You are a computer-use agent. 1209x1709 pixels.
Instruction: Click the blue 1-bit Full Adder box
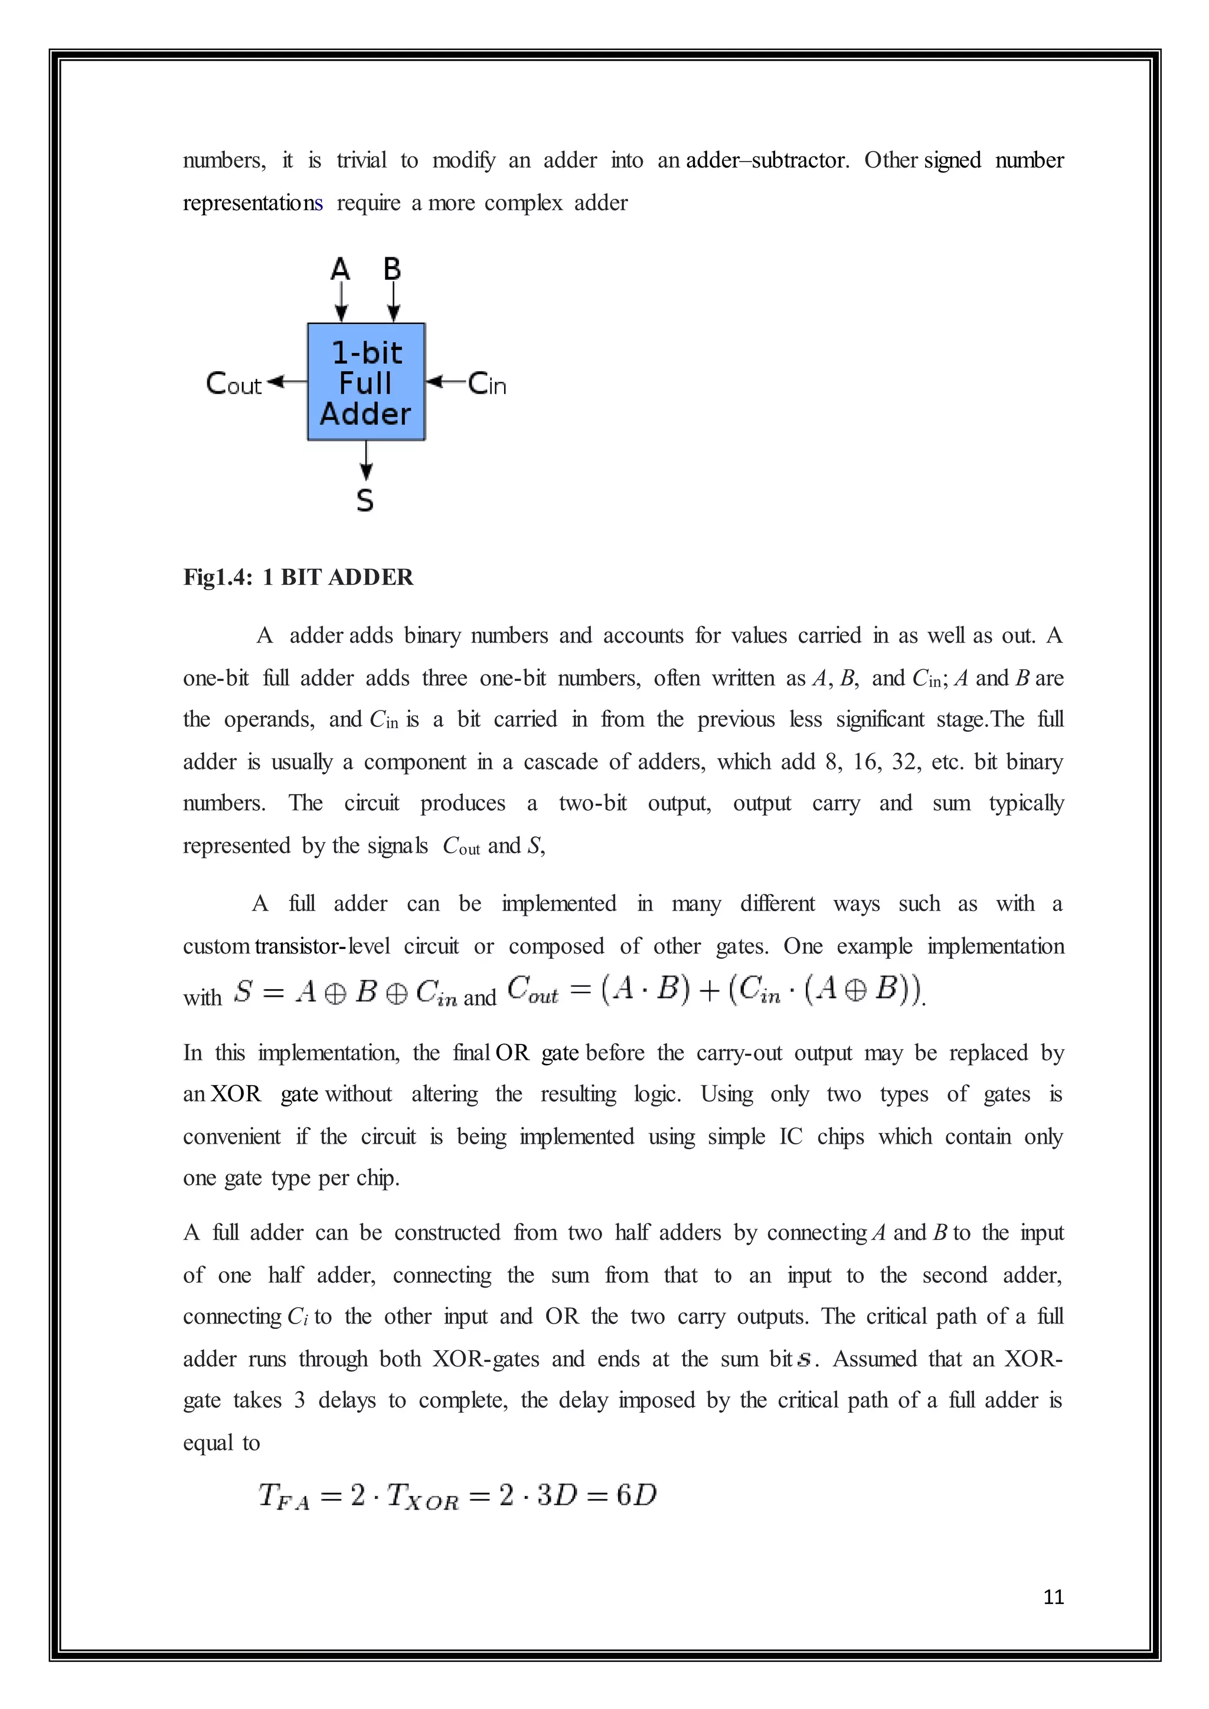(x=365, y=382)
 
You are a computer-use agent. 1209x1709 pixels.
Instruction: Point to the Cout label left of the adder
(x=233, y=384)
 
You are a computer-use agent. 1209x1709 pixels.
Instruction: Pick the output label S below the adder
(x=365, y=500)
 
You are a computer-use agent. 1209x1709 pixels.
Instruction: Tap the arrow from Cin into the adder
(x=445, y=382)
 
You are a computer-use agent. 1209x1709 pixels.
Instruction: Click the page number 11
(x=1053, y=1597)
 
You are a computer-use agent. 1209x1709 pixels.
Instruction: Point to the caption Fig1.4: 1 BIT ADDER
(x=298, y=577)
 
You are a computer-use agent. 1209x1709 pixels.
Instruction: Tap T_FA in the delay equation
(x=283, y=1495)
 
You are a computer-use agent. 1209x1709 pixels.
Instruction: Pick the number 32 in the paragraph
(x=904, y=761)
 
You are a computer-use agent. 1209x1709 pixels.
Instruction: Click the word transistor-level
(x=322, y=946)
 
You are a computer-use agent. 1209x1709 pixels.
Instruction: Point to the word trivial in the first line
(x=361, y=160)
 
